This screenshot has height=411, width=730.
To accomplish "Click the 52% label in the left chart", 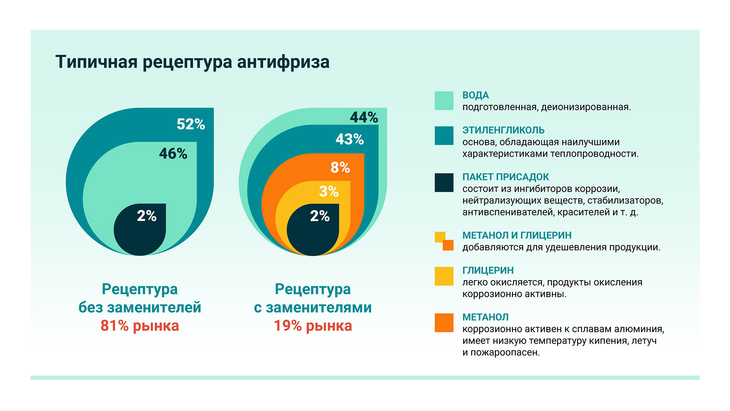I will pos(191,124).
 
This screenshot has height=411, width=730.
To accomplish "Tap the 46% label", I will pos(173,154).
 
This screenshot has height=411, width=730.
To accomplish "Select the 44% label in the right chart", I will pos(364,117).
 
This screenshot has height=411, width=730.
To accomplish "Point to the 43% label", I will pos(350,139).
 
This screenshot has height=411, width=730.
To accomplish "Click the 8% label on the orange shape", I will pos(340,168).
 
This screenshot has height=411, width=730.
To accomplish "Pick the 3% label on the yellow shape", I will pos(328,191).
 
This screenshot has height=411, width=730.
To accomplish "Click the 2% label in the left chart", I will pos(147,216).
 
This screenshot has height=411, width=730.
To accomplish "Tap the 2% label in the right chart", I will pos(320,216).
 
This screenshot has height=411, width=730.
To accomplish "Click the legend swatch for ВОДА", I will pos(444,101).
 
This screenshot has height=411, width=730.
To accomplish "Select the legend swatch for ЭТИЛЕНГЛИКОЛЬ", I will pos(444,136).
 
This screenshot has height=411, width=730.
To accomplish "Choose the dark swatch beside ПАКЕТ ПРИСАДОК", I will pos(444,182).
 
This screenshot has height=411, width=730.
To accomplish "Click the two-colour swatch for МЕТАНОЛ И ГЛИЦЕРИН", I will pos(444,241).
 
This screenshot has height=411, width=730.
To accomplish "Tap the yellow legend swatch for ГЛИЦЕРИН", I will pos(444,276).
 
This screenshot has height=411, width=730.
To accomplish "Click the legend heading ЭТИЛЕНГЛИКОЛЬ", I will pos(503,130).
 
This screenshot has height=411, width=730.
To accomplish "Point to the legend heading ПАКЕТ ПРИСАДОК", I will pos(506,177).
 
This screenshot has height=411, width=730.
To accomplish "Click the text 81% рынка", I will pos(140,326).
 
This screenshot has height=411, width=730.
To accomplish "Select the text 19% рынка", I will pos(313,326).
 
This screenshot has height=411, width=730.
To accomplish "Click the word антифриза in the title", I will pos(283,62).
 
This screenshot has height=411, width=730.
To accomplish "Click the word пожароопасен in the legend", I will pos(505,353).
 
